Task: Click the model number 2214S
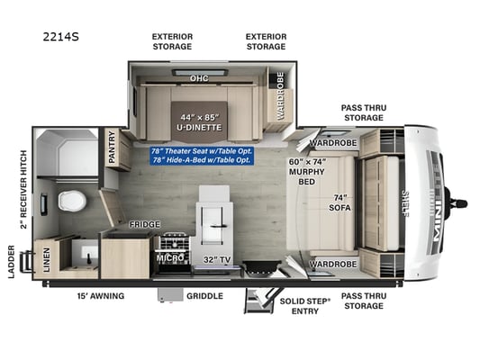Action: click(x=61, y=37)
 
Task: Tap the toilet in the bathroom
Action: click(x=72, y=202)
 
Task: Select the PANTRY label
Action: click(x=112, y=147)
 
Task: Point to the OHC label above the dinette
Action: click(x=199, y=78)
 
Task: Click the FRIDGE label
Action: click(x=144, y=224)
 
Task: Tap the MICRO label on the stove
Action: click(x=170, y=258)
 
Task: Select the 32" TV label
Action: click(x=217, y=260)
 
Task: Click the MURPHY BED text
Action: click(x=307, y=176)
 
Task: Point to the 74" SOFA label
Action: click(x=340, y=202)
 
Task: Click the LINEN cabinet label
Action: click(x=46, y=260)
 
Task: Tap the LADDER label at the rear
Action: click(x=12, y=262)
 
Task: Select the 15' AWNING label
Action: click(x=101, y=296)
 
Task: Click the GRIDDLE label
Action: click(x=204, y=296)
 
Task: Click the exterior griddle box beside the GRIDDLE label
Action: click(x=170, y=294)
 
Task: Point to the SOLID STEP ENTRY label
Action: click(x=305, y=306)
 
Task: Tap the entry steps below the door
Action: click(x=259, y=301)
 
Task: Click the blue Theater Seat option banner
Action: click(x=202, y=156)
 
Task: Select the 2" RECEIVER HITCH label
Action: click(x=23, y=190)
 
